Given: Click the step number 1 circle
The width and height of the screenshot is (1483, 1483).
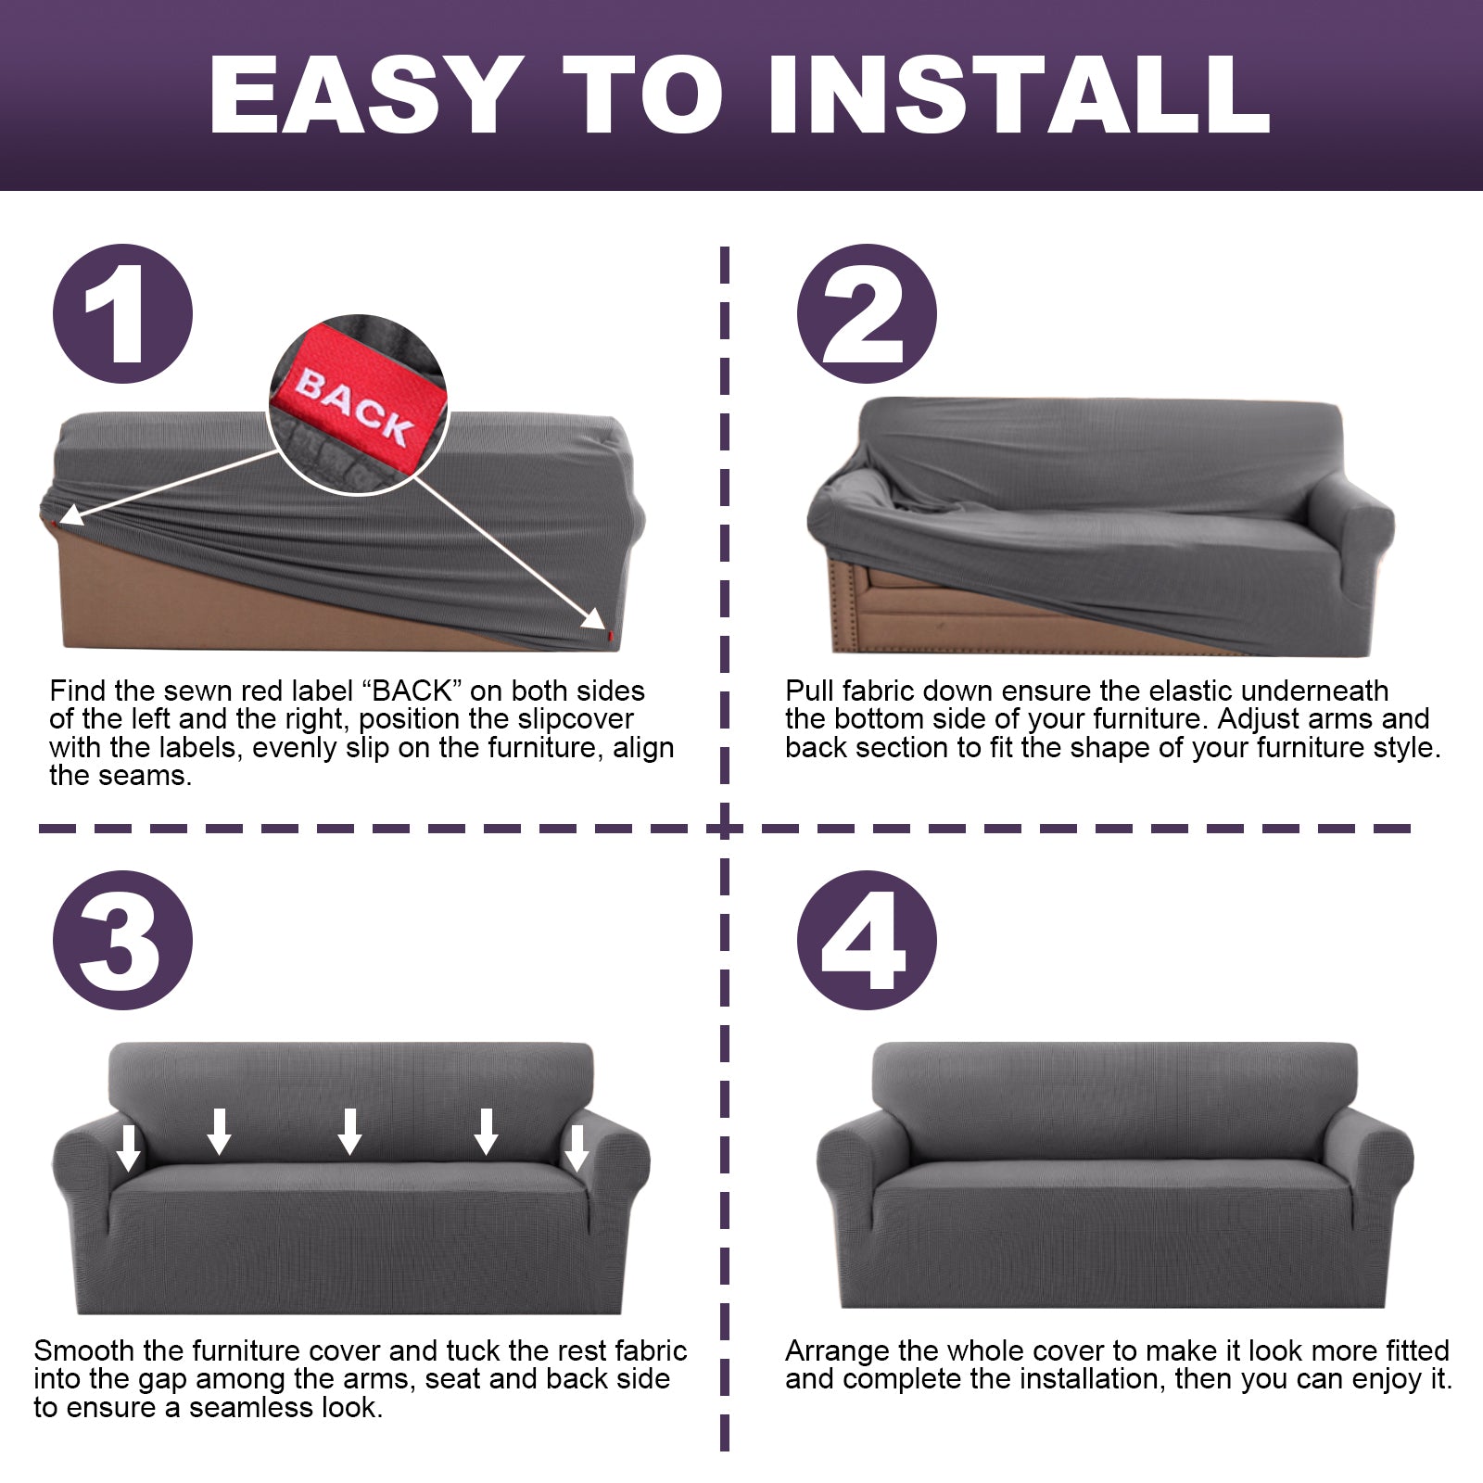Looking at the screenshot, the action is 122,313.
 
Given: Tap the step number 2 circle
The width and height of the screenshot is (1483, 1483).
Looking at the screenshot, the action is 867,313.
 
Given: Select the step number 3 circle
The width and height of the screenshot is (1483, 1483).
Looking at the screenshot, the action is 122,940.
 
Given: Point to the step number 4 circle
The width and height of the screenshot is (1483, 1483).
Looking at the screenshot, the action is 867,940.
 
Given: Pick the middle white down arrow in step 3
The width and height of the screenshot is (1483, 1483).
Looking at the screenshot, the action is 349,1132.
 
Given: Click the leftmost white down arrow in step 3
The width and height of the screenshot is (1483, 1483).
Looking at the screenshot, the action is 129,1148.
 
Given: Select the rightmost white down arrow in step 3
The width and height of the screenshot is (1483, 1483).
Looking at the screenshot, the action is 577,1148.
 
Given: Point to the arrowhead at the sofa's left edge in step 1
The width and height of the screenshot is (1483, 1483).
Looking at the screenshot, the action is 70,515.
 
